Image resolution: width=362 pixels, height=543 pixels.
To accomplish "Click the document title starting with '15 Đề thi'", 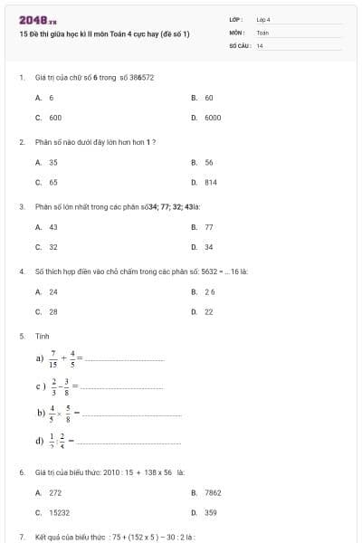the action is [x=104, y=33].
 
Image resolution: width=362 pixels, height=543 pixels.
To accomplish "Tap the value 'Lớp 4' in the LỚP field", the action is [x=263, y=19].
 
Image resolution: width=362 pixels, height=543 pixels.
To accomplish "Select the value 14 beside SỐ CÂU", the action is [x=260, y=45].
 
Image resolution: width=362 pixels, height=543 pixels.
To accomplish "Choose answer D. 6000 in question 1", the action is [x=206, y=118].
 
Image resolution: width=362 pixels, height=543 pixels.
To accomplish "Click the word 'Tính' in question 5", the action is [x=42, y=336].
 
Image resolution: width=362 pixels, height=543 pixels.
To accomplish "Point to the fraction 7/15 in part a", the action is [x=53, y=358].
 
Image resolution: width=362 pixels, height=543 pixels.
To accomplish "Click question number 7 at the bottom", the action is [x=21, y=537].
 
